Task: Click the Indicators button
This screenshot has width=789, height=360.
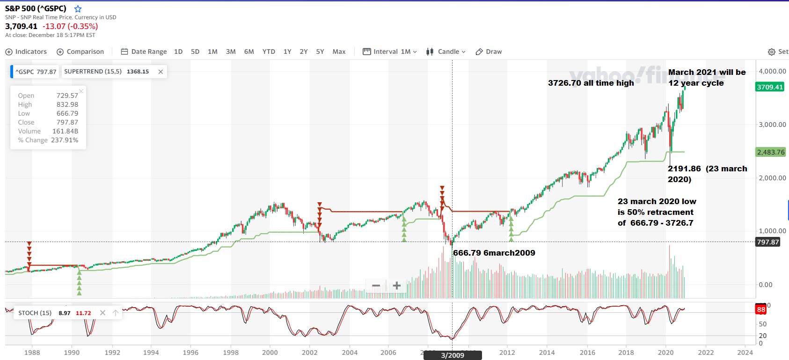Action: [26, 51]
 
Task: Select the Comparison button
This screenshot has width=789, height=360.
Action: [80, 51]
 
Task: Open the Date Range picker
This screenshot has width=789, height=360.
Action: [144, 51]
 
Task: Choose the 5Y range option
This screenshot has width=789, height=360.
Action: [320, 51]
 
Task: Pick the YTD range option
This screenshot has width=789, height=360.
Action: [269, 51]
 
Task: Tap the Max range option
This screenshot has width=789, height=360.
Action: [339, 51]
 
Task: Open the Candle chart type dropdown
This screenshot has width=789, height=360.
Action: [446, 51]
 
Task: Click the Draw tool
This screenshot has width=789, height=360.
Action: [489, 51]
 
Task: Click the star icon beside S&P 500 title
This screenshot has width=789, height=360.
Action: [78, 9]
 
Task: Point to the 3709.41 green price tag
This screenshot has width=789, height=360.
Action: [770, 87]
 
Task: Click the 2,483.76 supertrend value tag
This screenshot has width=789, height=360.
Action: [770, 152]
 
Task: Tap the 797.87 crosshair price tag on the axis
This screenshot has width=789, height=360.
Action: [768, 242]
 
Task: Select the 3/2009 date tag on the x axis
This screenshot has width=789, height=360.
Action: [453, 355]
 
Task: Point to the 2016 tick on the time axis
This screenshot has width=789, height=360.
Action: [587, 353]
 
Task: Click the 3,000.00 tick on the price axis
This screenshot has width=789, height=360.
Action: [772, 125]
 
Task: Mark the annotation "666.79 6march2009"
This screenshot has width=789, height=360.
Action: [494, 253]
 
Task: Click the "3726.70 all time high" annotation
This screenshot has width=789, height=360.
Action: [591, 83]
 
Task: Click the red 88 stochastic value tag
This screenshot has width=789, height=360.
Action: [761, 309]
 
